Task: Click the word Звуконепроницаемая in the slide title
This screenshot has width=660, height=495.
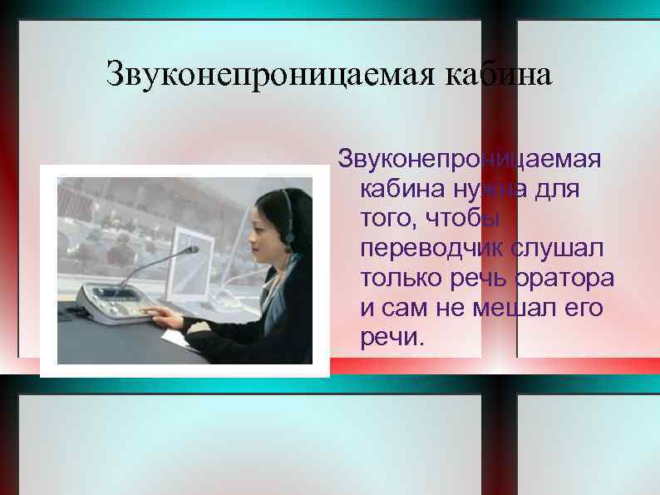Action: coord(271,75)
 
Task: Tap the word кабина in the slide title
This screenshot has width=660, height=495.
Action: coord(499,75)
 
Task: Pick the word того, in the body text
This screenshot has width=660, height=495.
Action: coord(387,220)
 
